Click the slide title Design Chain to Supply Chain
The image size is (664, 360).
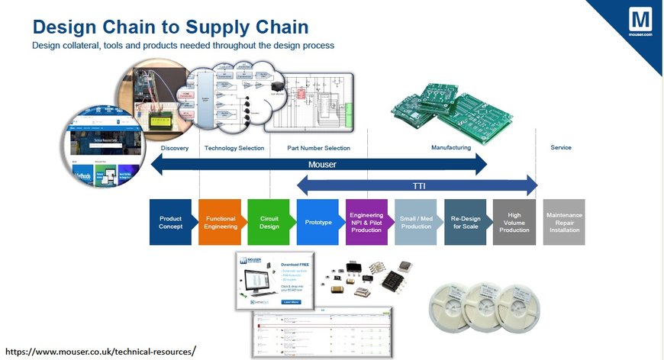tap(170, 27)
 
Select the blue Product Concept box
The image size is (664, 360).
tap(170, 222)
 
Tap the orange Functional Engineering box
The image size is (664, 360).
tap(220, 222)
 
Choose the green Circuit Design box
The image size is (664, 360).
tap(269, 222)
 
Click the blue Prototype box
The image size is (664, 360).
tap(317, 222)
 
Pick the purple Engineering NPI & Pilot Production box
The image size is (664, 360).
tap(366, 222)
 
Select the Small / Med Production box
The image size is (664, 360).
tap(416, 222)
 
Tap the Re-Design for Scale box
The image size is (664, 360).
tap(465, 222)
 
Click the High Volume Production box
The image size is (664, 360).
tap(514, 222)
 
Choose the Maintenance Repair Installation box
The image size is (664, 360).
tap(564, 222)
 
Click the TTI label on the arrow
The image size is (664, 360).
tap(417, 185)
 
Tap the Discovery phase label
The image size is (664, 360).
tap(174, 148)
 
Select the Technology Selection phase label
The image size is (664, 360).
tap(234, 148)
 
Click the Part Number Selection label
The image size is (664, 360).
tap(318, 148)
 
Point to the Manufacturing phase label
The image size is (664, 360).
tap(451, 148)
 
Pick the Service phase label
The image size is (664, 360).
tap(560, 148)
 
